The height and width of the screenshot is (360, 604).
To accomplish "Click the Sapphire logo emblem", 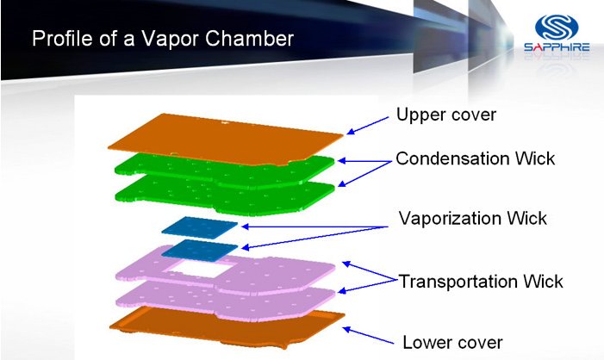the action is tap(557, 28).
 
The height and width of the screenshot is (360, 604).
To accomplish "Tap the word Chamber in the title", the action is tap(249, 38).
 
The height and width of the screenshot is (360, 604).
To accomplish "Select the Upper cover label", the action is tap(446, 115).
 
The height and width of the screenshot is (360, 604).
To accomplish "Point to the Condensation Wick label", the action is tap(476, 158).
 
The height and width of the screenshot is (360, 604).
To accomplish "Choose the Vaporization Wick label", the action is tap(473, 218).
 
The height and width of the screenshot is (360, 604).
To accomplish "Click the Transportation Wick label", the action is tap(480, 281).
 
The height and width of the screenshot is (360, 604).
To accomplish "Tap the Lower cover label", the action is tap(452, 342).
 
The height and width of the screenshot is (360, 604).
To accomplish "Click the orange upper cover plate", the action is tap(226, 139).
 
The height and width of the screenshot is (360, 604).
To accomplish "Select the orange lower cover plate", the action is tap(227, 327).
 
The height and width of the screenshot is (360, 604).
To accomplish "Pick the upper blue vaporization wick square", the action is tap(200, 226).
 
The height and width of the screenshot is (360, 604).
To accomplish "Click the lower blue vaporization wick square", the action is tap(200, 249).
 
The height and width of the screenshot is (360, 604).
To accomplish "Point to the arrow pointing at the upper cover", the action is tap(368, 126).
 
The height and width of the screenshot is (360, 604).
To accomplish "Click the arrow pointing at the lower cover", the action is tap(368, 335).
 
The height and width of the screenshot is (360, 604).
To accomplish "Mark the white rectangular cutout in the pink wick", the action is tap(202, 268).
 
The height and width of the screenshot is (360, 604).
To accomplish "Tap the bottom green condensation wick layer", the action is tap(225, 196).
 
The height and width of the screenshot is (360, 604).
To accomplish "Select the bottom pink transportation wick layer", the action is tap(226, 301).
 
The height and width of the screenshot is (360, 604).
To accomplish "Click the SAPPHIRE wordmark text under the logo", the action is tap(557, 47).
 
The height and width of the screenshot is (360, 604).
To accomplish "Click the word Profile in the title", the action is tap(62, 39).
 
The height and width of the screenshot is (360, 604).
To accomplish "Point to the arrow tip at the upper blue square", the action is tap(243, 227).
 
